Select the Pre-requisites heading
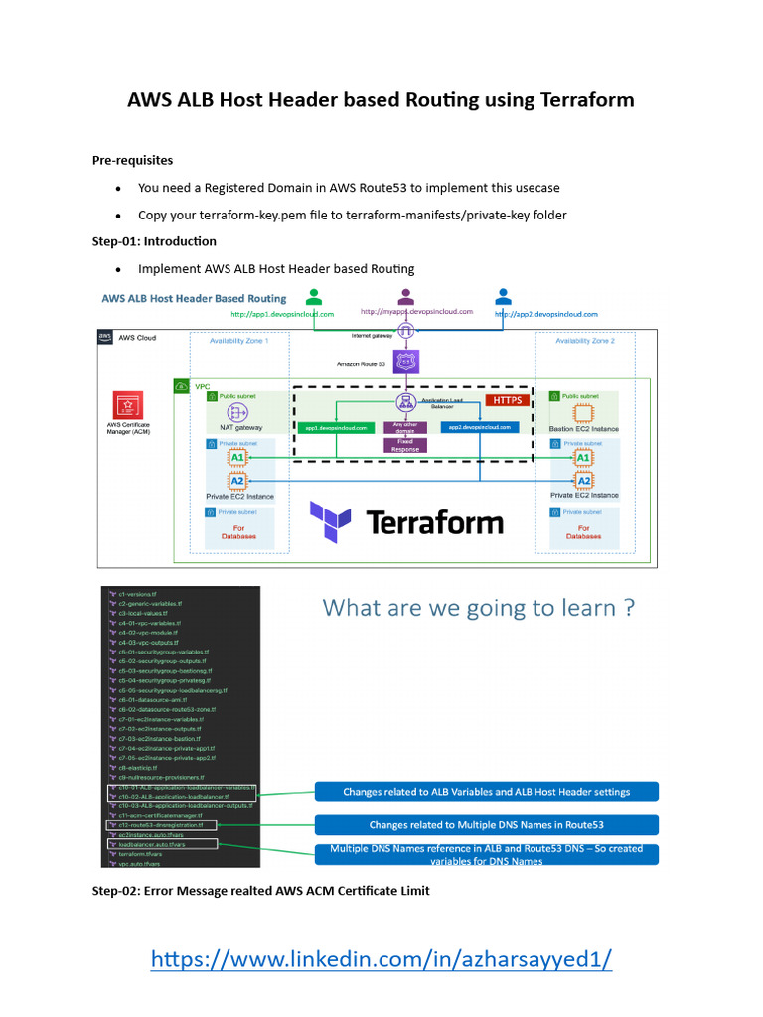pyautogui.click(x=132, y=159)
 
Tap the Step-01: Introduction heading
pyautogui.click(x=154, y=241)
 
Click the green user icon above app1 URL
pyautogui.click(x=314, y=296)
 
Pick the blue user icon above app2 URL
pyautogui.click(x=504, y=296)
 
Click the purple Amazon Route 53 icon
pyautogui.click(x=405, y=363)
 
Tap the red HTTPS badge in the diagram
pyautogui.click(x=507, y=400)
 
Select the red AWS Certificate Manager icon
pyautogui.click(x=127, y=407)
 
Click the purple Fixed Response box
pyautogui.click(x=404, y=447)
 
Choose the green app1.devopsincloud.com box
pyautogui.click(x=335, y=427)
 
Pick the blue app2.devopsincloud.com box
pyautogui.click(x=479, y=427)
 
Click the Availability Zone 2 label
pyautogui.click(x=585, y=340)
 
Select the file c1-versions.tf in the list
pyautogui.click(x=143, y=593)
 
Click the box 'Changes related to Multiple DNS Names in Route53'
pyautogui.click(x=486, y=824)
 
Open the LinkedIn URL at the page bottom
pyautogui.click(x=381, y=958)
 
